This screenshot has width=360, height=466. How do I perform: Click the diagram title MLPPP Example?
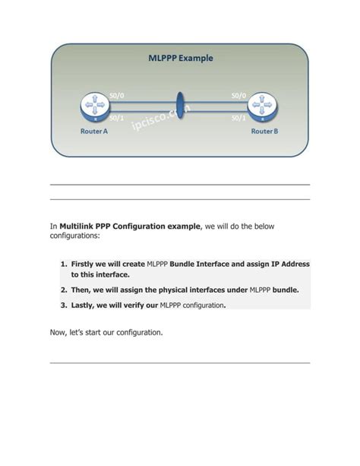point(180,58)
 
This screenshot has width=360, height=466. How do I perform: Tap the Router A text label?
point(94,132)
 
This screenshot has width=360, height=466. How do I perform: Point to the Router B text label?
point(264,132)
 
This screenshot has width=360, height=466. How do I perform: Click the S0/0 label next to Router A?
point(118,95)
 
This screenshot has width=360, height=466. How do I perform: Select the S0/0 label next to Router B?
point(238,95)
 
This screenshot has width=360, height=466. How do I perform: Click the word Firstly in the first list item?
point(84,265)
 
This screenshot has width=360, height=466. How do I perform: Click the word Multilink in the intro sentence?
point(80,226)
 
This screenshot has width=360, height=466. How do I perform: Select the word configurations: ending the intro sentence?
point(74,236)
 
